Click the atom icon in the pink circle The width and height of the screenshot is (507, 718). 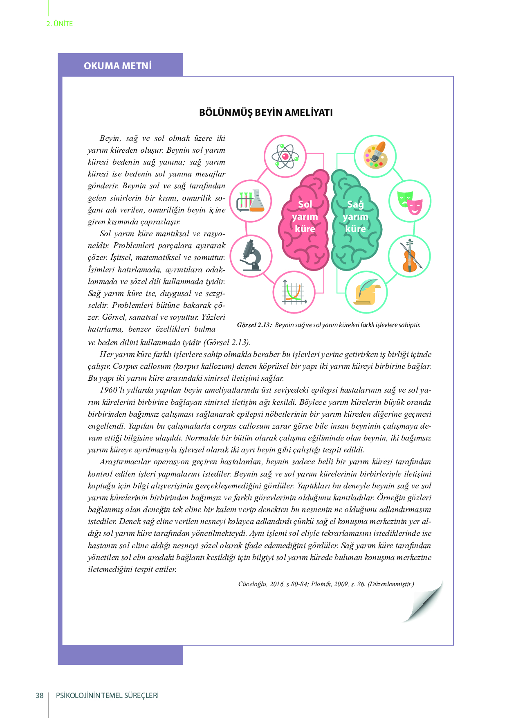285,156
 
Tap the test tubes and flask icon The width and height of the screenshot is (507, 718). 250,201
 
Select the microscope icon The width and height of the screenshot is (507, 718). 251,256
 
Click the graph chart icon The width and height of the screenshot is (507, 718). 294,293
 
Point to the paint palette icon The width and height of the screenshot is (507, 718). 375,156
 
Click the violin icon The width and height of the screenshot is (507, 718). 409,256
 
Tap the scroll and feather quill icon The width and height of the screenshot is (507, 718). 366,292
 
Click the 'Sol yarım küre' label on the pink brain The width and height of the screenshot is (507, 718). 305,216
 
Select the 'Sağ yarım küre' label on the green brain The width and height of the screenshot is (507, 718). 355,216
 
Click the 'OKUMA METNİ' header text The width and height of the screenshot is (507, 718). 118,66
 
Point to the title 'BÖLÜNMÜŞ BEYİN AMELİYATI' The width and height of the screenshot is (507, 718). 266,113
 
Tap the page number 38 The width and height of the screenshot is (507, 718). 40,695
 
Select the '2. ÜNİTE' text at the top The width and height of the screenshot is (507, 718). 60,24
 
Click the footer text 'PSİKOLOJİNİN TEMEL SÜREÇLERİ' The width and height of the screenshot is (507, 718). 107,695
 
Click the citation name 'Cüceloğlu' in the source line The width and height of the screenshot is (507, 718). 252,584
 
